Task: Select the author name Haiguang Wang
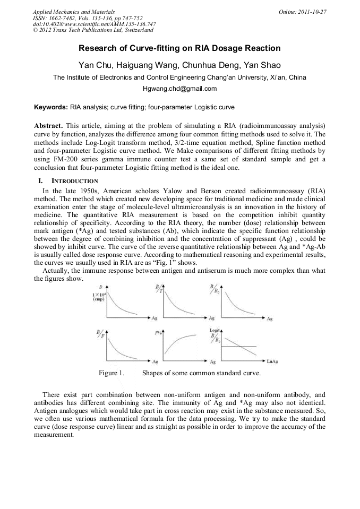coord(139,65)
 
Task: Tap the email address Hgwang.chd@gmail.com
coord(180,89)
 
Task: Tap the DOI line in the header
coord(94,24)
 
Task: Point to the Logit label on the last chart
coord(215,330)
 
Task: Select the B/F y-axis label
coord(99,334)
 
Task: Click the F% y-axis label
coord(158,333)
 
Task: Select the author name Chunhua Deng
coord(210,65)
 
